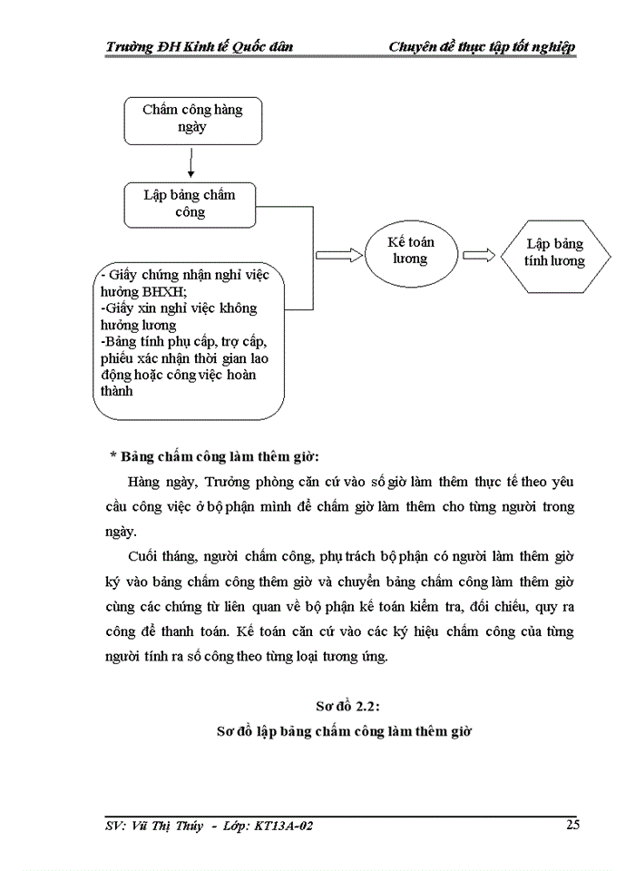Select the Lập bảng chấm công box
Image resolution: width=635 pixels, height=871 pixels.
coord(189,204)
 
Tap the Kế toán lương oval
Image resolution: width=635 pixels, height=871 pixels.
coord(409,251)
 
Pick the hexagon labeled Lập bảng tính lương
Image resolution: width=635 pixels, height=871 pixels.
coord(554,253)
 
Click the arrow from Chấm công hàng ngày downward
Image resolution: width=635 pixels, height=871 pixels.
coord(190,163)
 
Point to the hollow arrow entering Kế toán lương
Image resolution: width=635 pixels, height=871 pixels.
coord(337,255)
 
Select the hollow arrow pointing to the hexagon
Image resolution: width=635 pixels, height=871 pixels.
coord(478,255)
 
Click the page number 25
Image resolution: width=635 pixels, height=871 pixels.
coord(572,824)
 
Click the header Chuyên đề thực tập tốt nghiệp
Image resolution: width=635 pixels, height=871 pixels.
coord(482,47)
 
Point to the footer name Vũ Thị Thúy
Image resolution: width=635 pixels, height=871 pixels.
coord(177,826)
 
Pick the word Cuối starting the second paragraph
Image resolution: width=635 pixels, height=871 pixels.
coord(146,554)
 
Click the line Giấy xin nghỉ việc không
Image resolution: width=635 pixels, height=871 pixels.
coord(179,308)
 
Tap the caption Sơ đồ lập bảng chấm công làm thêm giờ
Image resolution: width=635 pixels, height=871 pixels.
coord(341,730)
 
